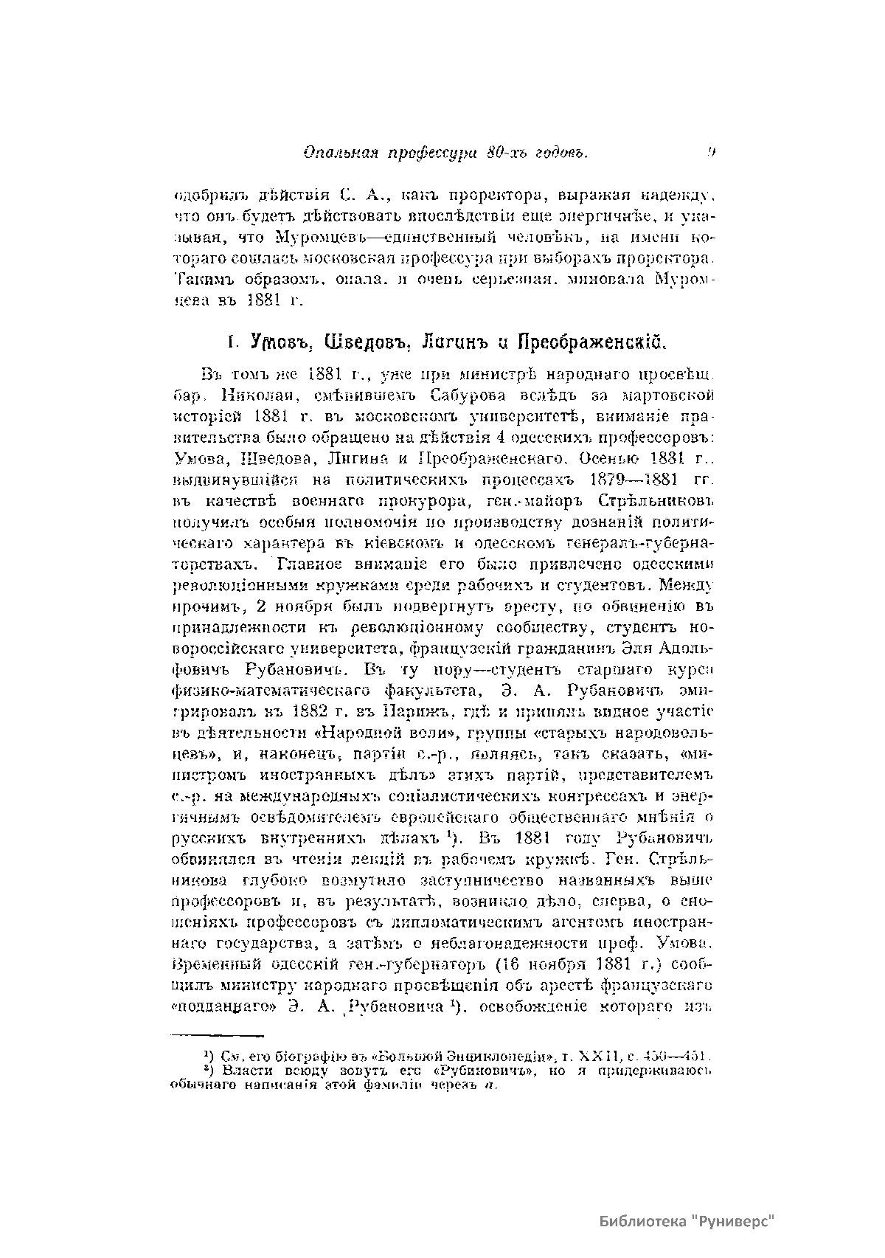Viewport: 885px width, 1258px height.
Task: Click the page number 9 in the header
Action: [x=712, y=153]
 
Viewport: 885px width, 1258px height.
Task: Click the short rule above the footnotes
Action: [x=218, y=1036]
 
